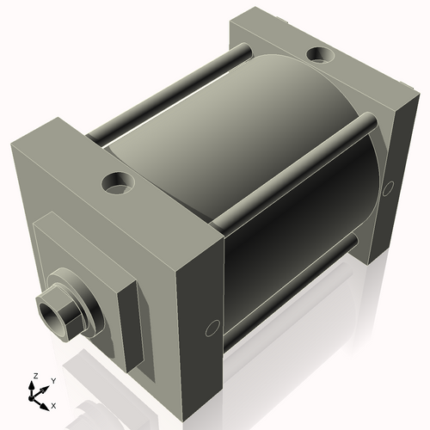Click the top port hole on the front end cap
(116, 182)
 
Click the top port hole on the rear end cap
(322, 56)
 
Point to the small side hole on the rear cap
(388, 187)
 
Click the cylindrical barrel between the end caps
(258, 172)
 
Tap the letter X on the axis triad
(53, 403)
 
